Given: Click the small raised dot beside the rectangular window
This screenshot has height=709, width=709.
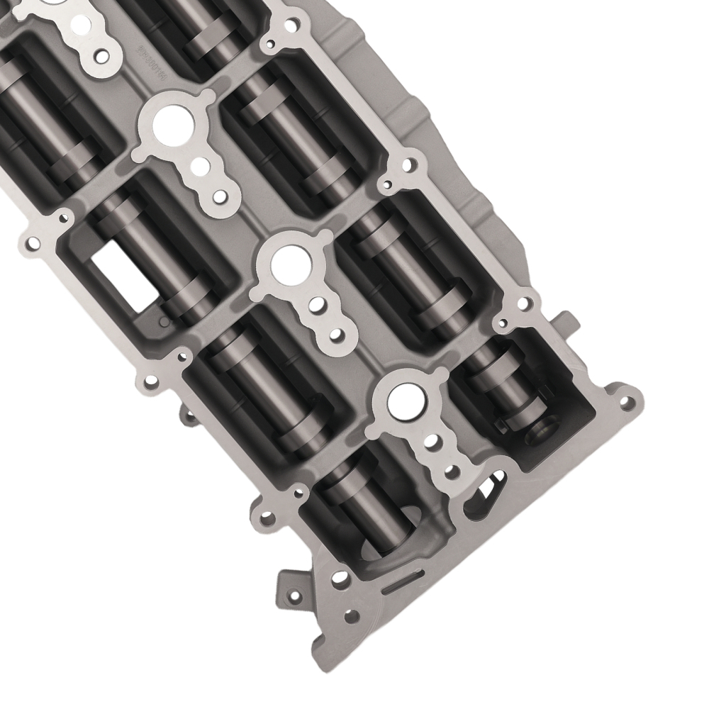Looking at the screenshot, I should pos(164,323).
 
